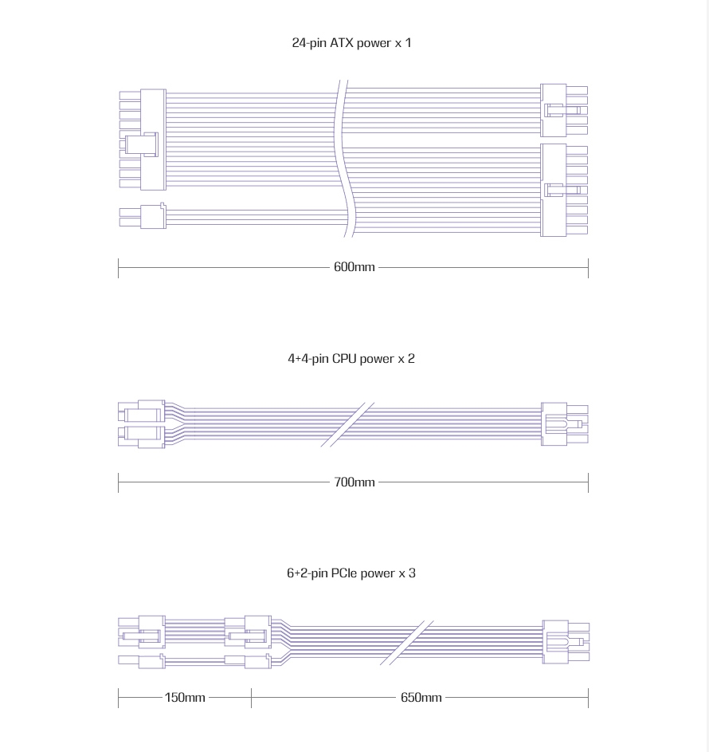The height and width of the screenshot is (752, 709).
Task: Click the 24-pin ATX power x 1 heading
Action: (x=351, y=43)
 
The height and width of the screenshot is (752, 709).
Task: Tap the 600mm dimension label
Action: (x=354, y=267)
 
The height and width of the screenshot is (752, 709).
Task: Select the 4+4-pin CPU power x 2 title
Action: (x=351, y=359)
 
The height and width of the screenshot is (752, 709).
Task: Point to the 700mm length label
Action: (x=354, y=482)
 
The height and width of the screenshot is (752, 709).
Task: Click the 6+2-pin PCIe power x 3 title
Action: (x=351, y=573)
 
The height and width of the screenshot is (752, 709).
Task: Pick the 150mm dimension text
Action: (x=185, y=697)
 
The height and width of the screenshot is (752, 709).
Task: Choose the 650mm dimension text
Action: (x=421, y=697)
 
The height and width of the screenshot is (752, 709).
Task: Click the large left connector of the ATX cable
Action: (x=143, y=140)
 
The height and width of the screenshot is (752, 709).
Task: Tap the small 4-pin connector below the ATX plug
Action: (x=143, y=216)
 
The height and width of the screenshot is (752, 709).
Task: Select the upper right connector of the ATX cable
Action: (x=564, y=110)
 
